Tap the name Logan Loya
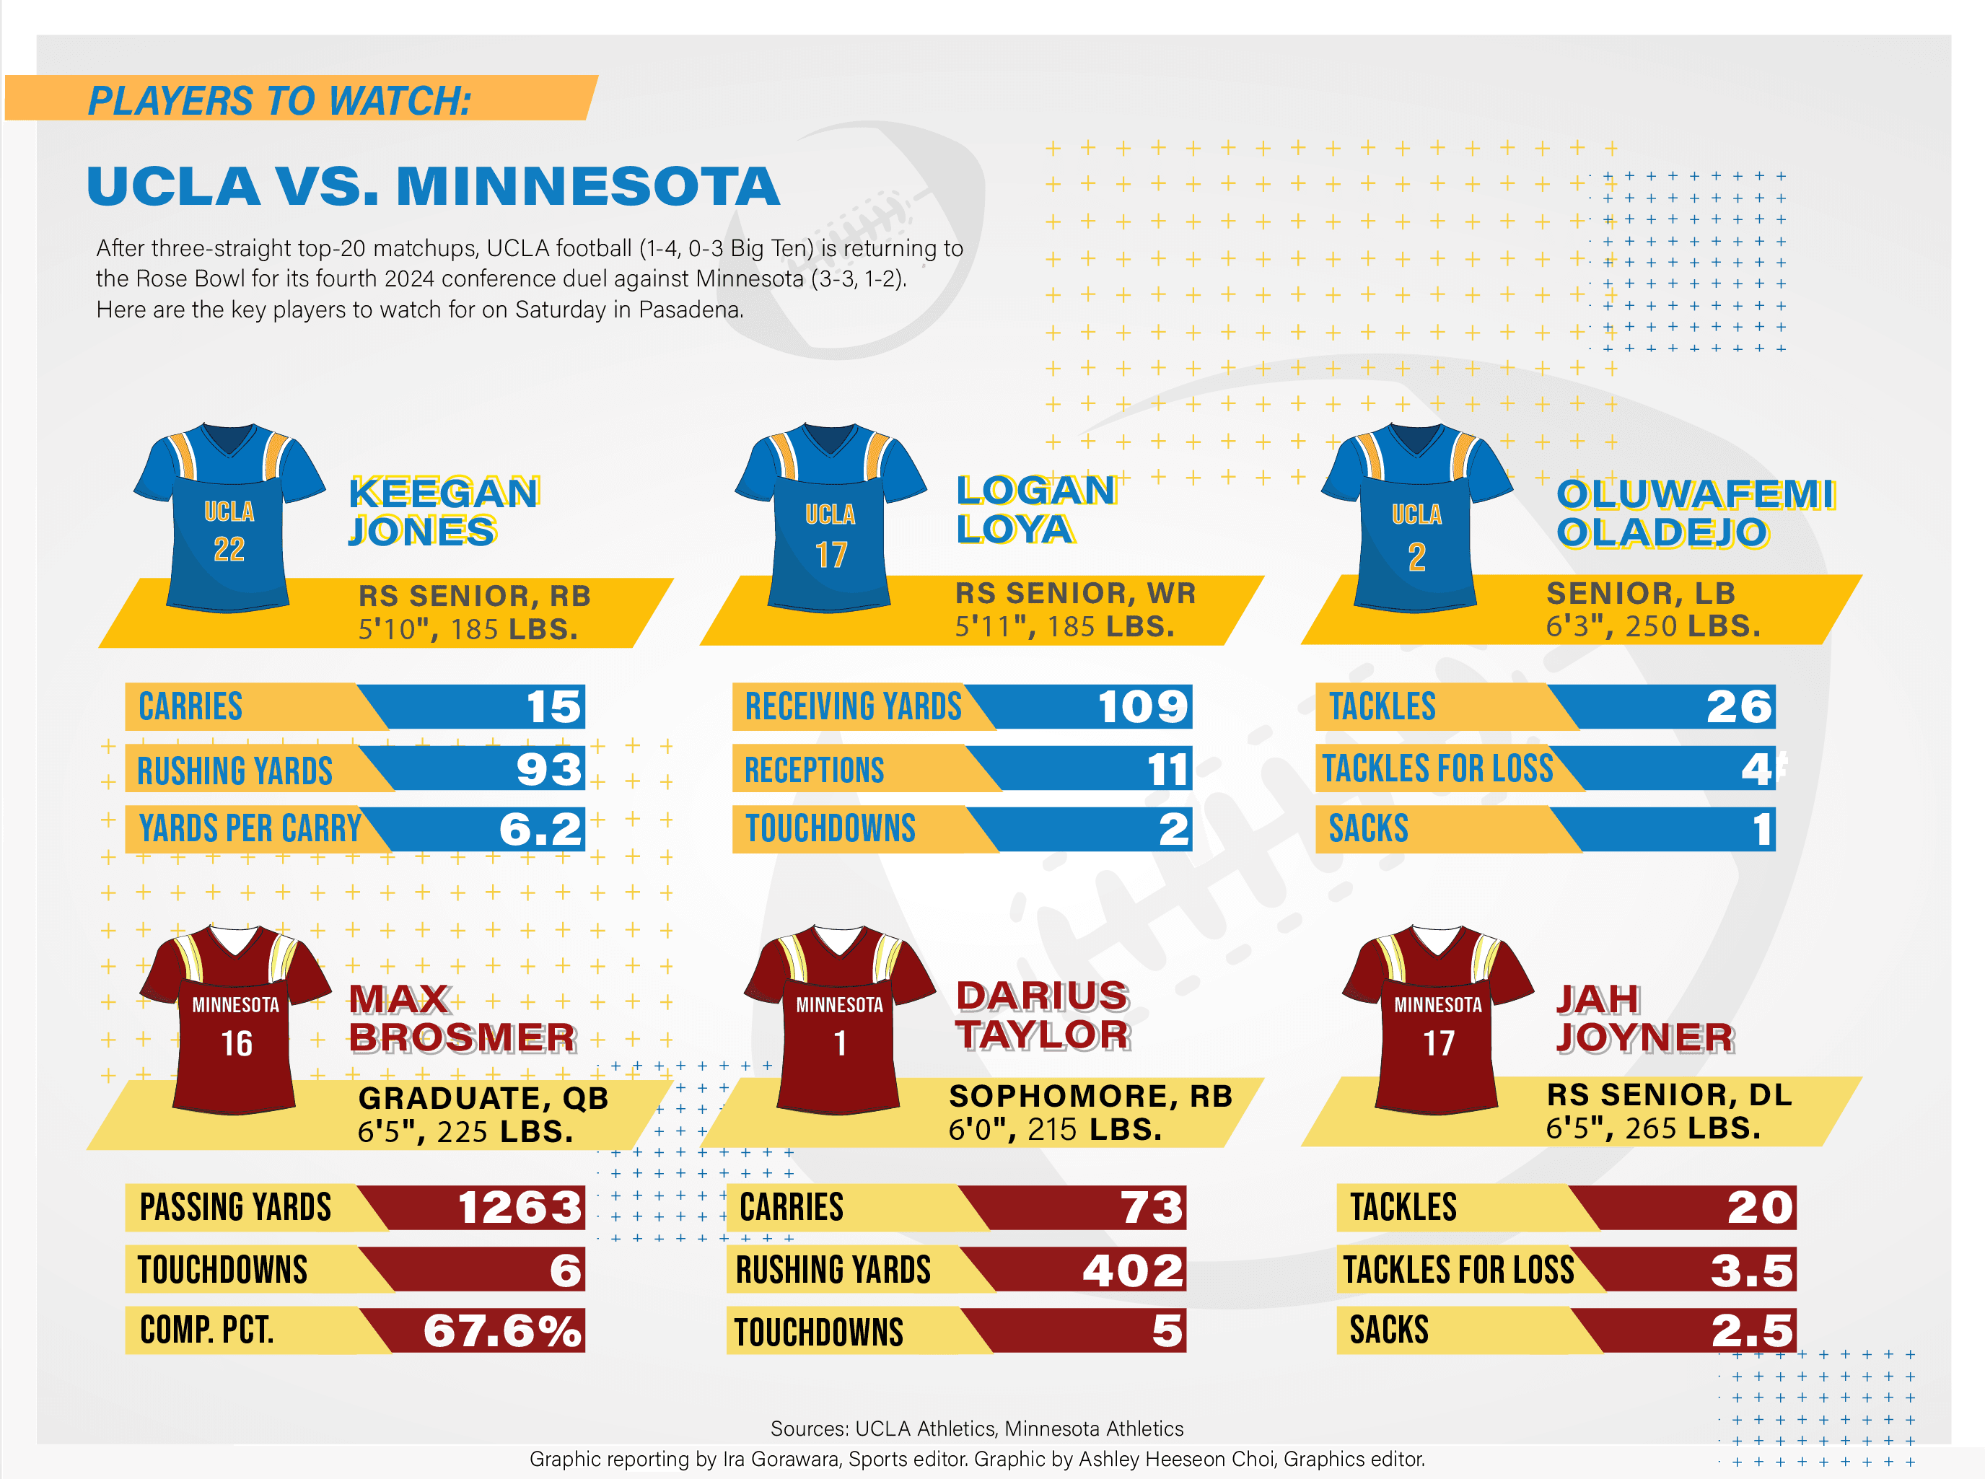(x=1034, y=509)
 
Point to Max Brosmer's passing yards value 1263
(x=520, y=1207)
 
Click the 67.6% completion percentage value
(x=502, y=1330)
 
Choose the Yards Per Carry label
(x=250, y=829)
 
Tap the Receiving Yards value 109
(x=1142, y=706)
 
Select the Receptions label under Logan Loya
(x=814, y=769)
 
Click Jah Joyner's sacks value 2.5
(x=1752, y=1330)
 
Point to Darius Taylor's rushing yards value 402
(x=1133, y=1270)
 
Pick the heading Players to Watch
(x=279, y=100)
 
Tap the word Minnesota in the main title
(x=587, y=186)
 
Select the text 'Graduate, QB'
(x=483, y=1097)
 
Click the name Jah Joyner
(x=1644, y=1018)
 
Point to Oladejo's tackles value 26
(x=1739, y=706)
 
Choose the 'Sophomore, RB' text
(x=1090, y=1096)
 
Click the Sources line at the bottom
(x=977, y=1428)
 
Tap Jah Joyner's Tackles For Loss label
(x=1458, y=1270)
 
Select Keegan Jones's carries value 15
(x=553, y=706)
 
